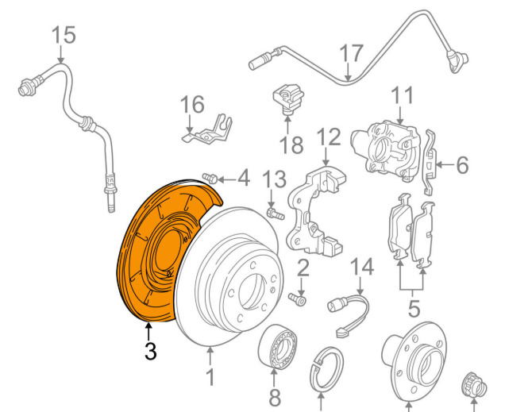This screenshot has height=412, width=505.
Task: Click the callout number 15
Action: [x=64, y=35]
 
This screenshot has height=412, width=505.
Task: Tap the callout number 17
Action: [x=352, y=53]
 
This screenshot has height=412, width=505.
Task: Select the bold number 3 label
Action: [x=150, y=351]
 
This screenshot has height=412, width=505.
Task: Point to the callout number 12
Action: [x=329, y=137]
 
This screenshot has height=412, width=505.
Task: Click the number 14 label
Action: [x=362, y=267]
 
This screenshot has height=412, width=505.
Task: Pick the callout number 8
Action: [x=275, y=397]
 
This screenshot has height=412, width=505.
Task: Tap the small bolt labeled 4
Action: [x=210, y=179]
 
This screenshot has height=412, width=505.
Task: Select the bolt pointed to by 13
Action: [x=275, y=214]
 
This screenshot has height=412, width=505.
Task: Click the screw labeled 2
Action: [x=297, y=299]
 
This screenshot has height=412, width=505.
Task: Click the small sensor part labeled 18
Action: [x=287, y=98]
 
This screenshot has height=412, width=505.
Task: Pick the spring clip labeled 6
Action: [x=430, y=163]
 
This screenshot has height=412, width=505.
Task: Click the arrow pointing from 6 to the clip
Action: [x=445, y=165]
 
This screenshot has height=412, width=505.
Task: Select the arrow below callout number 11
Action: [x=400, y=114]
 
